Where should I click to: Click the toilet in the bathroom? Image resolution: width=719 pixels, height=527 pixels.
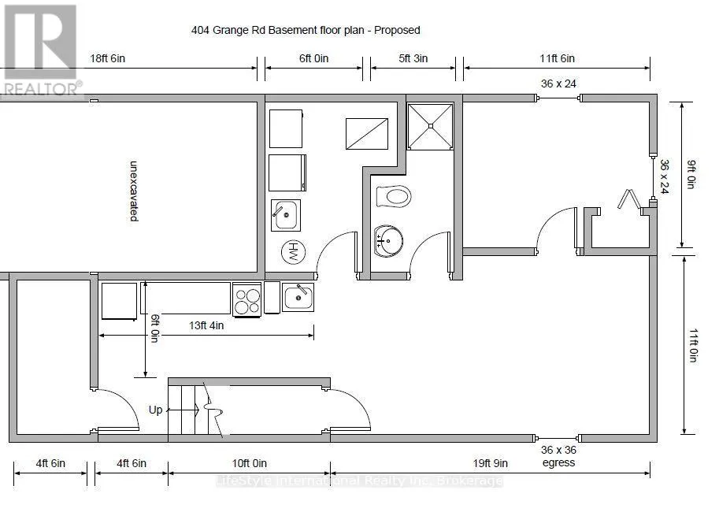click(x=394, y=197)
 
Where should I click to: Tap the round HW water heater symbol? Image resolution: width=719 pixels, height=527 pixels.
click(x=294, y=252)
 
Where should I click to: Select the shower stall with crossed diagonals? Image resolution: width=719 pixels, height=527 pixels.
click(x=430, y=126)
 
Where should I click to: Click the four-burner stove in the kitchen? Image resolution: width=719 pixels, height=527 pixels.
click(x=246, y=300)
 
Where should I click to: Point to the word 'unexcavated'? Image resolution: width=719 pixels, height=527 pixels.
click(x=133, y=191)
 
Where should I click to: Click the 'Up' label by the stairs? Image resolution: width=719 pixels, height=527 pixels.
click(x=155, y=410)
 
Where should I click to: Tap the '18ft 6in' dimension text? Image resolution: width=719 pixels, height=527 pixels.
click(x=107, y=58)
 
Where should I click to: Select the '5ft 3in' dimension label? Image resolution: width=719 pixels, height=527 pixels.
click(x=413, y=58)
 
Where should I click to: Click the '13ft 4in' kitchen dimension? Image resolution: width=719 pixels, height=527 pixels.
click(x=206, y=325)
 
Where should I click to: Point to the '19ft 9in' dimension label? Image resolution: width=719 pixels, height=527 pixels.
click(x=490, y=463)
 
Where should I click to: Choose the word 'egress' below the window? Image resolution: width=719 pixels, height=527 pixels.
click(x=558, y=462)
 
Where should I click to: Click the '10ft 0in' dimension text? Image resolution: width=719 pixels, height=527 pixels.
click(x=250, y=463)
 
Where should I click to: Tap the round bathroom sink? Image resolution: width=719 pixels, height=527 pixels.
click(x=388, y=240)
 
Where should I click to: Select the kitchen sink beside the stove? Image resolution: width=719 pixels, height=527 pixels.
click(x=298, y=297)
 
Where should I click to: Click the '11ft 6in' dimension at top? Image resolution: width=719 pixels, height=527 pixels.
click(x=557, y=58)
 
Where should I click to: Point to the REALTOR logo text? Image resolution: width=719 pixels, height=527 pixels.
click(x=43, y=88)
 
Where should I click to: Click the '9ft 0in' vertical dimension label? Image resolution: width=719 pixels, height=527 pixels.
click(x=691, y=174)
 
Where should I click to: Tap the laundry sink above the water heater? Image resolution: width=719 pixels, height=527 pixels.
click(x=286, y=214)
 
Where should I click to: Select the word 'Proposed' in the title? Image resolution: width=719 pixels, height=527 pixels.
click(x=397, y=30)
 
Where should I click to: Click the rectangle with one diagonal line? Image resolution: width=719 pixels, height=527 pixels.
click(x=367, y=134)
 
